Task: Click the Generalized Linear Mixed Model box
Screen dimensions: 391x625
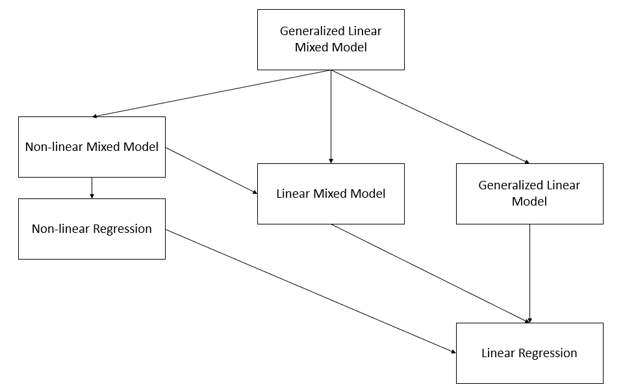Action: (x=331, y=39)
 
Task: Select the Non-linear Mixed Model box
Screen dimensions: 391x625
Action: (x=92, y=147)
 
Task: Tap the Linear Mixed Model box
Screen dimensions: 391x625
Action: (x=331, y=194)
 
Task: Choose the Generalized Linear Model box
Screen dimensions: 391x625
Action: (x=529, y=194)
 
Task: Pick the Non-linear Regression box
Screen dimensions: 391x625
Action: (x=92, y=229)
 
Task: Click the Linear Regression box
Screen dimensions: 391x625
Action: (x=529, y=353)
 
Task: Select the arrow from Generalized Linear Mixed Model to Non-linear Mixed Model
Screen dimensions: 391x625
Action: (x=212, y=94)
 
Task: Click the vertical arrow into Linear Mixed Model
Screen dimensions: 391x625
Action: (x=331, y=117)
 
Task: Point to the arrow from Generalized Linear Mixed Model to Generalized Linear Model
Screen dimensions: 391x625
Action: (x=430, y=116)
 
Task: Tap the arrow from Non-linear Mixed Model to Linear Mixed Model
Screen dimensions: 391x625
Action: (x=212, y=170)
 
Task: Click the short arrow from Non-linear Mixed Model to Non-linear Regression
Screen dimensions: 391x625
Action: (x=92, y=188)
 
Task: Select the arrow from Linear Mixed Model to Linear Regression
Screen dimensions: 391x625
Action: (x=430, y=273)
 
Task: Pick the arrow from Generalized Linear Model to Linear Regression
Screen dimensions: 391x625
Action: (x=530, y=273)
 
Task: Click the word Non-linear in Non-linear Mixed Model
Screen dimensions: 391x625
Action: (x=55, y=147)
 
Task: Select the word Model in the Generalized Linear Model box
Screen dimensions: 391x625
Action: (x=529, y=202)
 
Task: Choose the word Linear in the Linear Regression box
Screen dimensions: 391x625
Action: (x=498, y=353)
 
